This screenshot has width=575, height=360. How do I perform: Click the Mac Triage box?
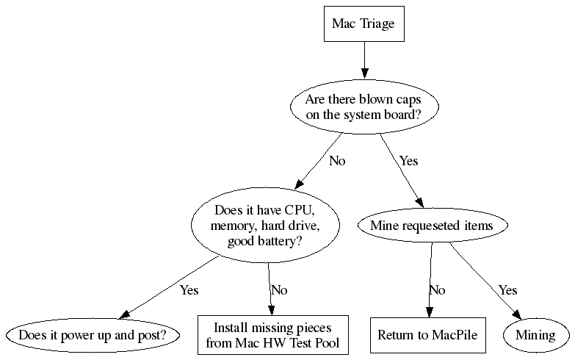tap(363, 24)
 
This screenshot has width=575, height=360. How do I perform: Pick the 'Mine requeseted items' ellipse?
tap(431, 226)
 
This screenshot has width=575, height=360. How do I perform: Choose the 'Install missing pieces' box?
tap(272, 335)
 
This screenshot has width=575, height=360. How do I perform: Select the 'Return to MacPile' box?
tap(427, 335)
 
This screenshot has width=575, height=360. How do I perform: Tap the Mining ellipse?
tap(535, 335)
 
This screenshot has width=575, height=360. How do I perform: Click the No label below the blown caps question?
tap(337, 161)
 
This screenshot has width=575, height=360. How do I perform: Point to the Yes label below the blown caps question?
tap(408, 161)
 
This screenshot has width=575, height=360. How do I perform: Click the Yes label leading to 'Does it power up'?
tap(189, 290)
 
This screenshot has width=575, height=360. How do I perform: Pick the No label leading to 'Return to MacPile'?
tap(437, 290)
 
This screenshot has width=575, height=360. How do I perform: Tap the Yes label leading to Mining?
tap(508, 290)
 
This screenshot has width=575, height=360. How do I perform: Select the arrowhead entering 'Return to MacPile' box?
tap(428, 312)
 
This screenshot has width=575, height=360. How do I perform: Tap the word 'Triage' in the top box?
tap(377, 24)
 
